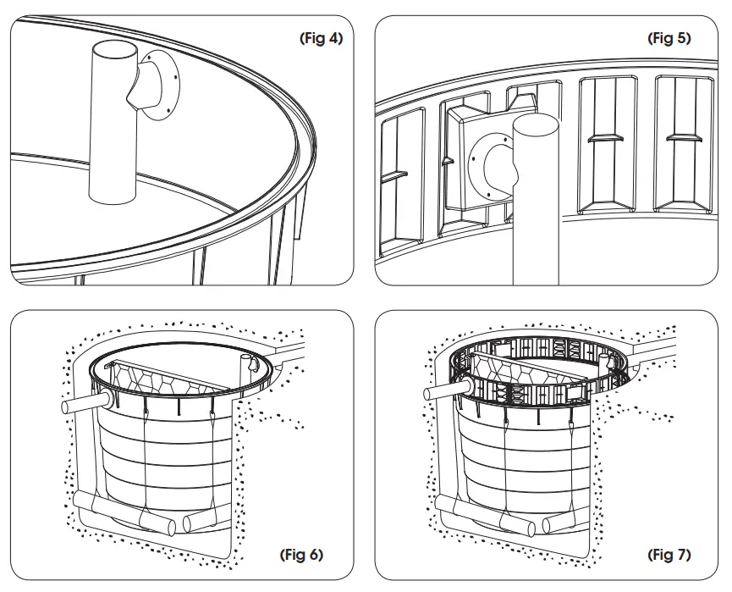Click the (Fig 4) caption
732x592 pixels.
(321, 39)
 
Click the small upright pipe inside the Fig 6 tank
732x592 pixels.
(251, 366)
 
